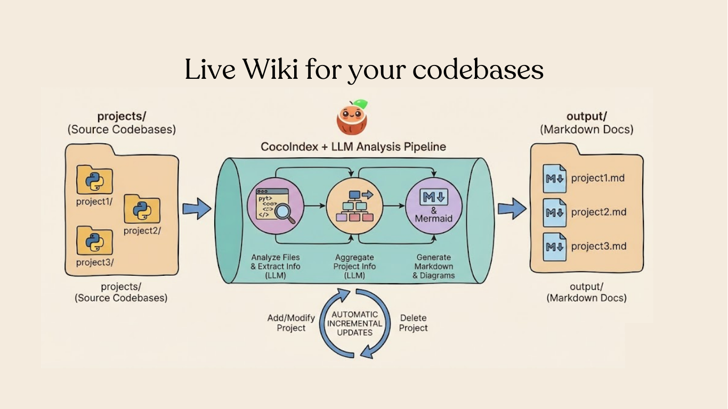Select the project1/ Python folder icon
[x=95, y=180]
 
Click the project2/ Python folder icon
[x=142, y=209]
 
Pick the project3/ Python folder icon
[x=95, y=241]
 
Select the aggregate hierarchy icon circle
[x=353, y=205]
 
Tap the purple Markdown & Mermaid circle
[x=433, y=205]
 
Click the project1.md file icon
[x=554, y=178]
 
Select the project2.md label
[x=598, y=212]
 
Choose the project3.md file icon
[x=554, y=247]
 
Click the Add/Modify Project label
[x=291, y=323]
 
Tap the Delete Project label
[x=413, y=323]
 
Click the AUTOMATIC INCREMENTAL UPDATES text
[x=354, y=323]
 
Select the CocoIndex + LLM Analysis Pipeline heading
[x=353, y=146]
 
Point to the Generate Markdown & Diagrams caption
[x=433, y=266]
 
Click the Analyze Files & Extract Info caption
[x=276, y=266]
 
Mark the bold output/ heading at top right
[x=586, y=117]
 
